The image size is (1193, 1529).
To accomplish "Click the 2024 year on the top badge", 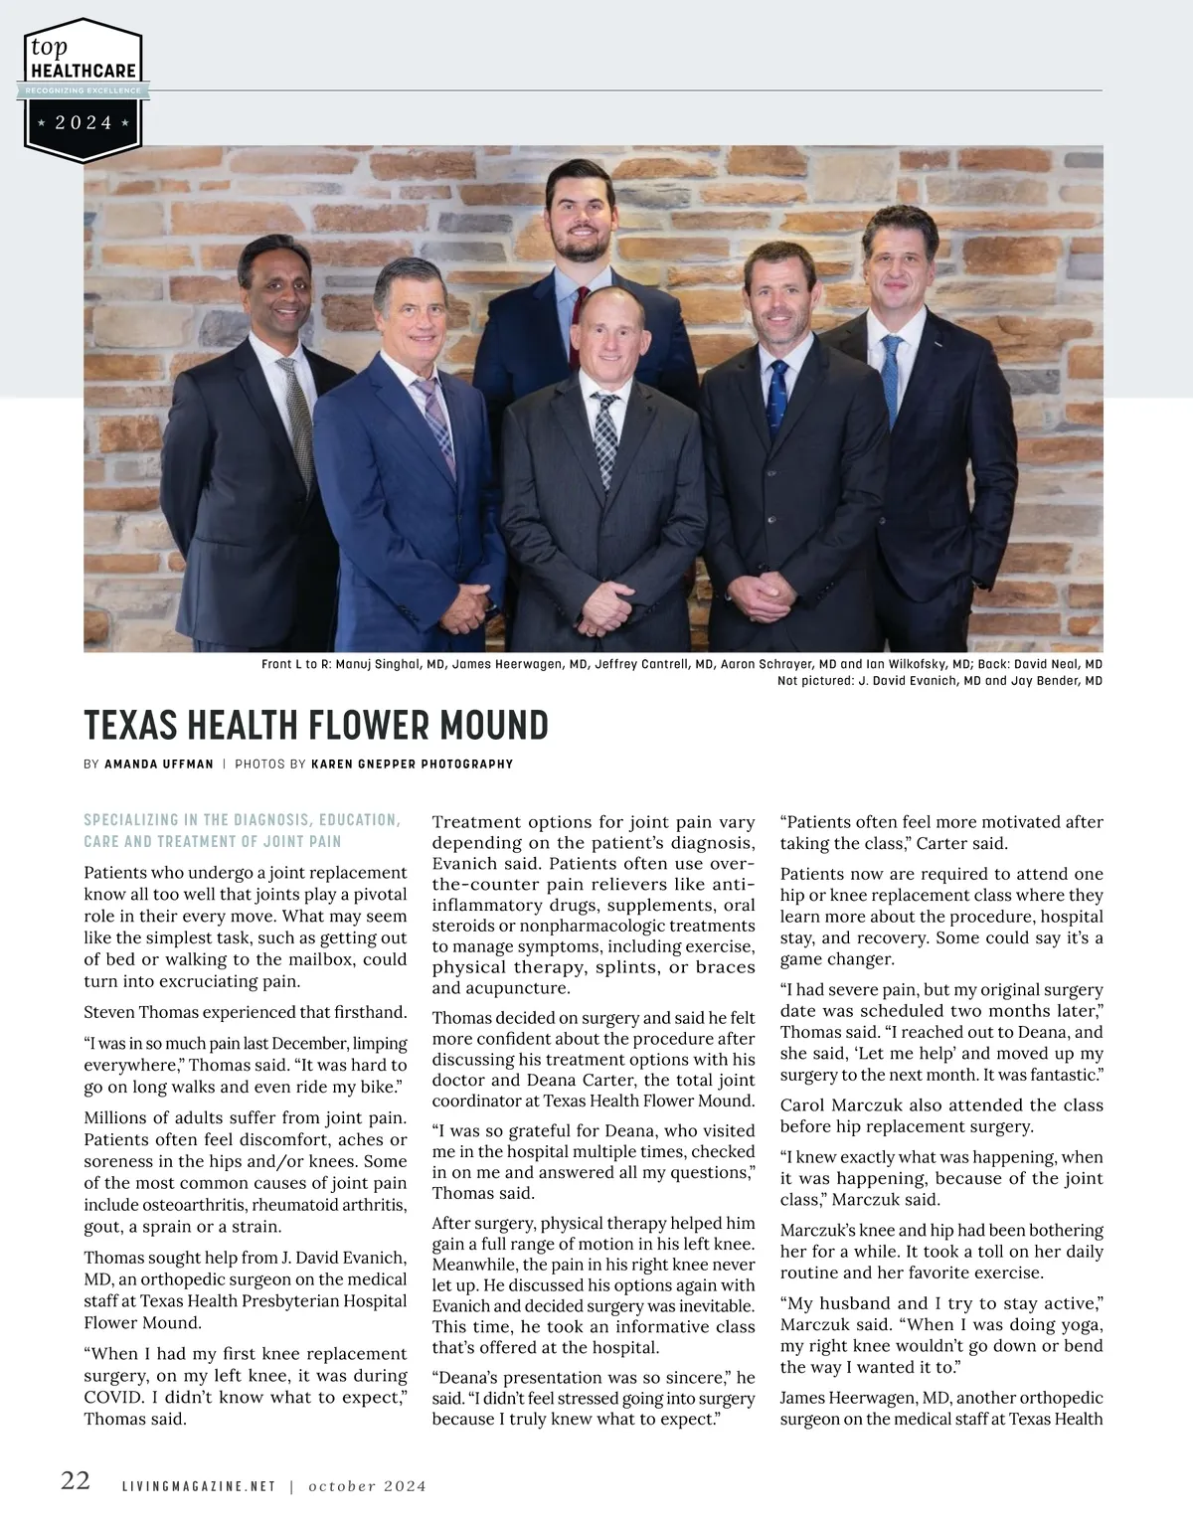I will click(84, 123).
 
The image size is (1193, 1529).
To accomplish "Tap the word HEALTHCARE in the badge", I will click(84, 72).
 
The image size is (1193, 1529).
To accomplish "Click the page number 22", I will click(76, 1481).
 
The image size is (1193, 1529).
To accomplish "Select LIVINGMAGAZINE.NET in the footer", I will click(198, 1487).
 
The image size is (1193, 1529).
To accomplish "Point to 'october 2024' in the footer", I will click(367, 1487).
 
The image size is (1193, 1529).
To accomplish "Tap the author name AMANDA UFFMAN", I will click(158, 764).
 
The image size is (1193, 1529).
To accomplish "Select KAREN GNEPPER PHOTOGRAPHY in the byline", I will click(412, 764).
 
